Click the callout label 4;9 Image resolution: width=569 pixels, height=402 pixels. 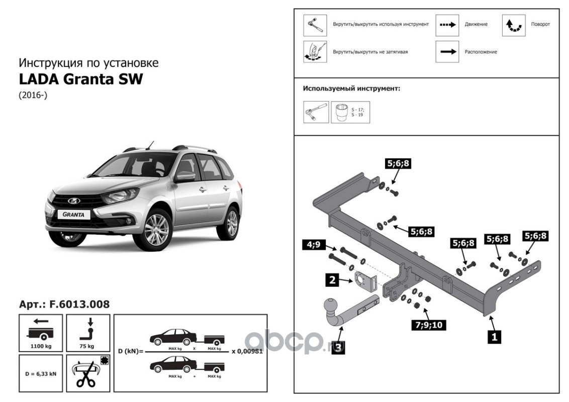click(x=314, y=245)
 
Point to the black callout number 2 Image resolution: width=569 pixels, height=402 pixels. click(x=332, y=280)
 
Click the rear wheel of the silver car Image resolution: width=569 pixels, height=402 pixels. click(x=230, y=223)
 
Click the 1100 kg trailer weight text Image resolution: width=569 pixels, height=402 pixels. click(x=41, y=346)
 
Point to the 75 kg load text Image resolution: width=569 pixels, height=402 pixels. click(x=87, y=346)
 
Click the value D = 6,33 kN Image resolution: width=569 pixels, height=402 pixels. click(x=41, y=373)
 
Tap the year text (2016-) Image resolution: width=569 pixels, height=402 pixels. click(x=33, y=95)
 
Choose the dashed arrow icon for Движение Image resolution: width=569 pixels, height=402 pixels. click(x=447, y=24)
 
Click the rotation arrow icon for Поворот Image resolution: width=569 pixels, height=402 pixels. click(x=514, y=25)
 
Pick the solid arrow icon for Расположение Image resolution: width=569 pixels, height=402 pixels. click(x=447, y=51)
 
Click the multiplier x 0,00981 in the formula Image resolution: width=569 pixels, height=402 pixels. click(x=246, y=351)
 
